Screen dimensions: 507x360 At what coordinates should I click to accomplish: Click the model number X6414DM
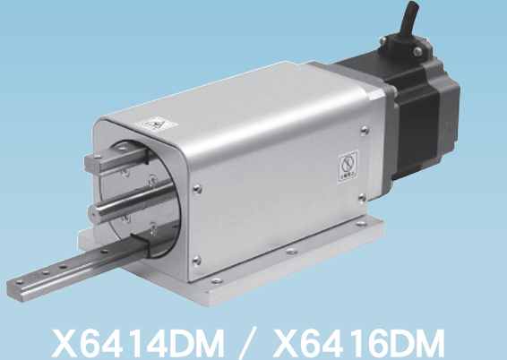click(138, 343)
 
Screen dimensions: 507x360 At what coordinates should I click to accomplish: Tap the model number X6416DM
click(359, 343)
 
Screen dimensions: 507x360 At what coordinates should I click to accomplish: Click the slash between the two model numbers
click(248, 343)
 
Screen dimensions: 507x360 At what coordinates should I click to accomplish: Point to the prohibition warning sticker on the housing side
click(348, 167)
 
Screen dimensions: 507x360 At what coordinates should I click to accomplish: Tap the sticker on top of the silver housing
click(156, 124)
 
